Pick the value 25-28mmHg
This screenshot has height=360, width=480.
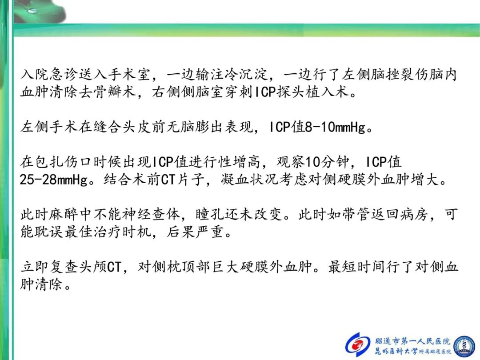coord(54,180)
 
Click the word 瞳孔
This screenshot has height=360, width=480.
coord(210,214)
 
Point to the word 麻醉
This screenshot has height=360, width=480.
coord(64,214)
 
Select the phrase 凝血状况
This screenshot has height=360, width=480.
coord(250,180)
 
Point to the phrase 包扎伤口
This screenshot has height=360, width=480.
coord(64,162)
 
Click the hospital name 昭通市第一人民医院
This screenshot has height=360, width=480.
coord(412,341)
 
